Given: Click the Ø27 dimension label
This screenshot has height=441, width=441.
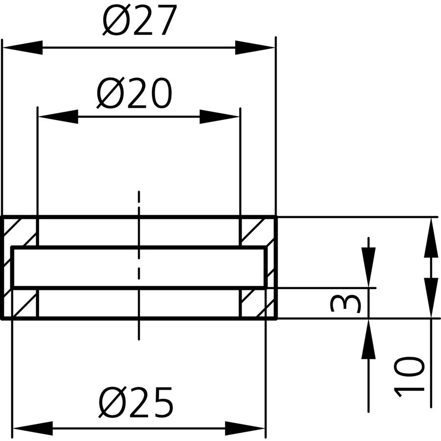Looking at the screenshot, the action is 140,20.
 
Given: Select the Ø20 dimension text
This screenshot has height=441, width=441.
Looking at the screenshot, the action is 134,93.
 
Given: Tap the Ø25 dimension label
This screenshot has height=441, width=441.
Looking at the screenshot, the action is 136,402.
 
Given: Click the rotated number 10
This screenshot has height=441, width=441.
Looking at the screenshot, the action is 410,377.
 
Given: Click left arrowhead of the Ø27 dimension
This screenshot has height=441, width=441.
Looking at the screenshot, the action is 23,48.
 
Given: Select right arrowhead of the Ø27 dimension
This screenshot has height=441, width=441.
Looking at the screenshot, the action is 255,48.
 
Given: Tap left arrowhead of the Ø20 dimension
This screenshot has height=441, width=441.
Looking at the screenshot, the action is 58,117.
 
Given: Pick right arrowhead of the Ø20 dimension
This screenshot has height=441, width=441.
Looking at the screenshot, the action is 220,117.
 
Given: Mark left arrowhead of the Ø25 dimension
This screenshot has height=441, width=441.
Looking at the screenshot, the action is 33,428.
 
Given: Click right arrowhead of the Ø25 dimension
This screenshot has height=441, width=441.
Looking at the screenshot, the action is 245,428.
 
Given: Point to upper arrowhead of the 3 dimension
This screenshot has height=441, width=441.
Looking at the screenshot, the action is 368,268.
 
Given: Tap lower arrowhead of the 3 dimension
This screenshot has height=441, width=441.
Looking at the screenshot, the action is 368,339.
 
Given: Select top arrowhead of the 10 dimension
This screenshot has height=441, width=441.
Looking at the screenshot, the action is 431,237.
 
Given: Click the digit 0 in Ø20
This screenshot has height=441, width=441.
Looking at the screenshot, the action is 160,94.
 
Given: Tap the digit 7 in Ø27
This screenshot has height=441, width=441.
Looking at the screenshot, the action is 166,20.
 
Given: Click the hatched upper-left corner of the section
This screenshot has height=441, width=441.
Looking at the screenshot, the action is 20,231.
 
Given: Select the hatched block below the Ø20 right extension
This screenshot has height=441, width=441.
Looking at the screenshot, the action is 252,303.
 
